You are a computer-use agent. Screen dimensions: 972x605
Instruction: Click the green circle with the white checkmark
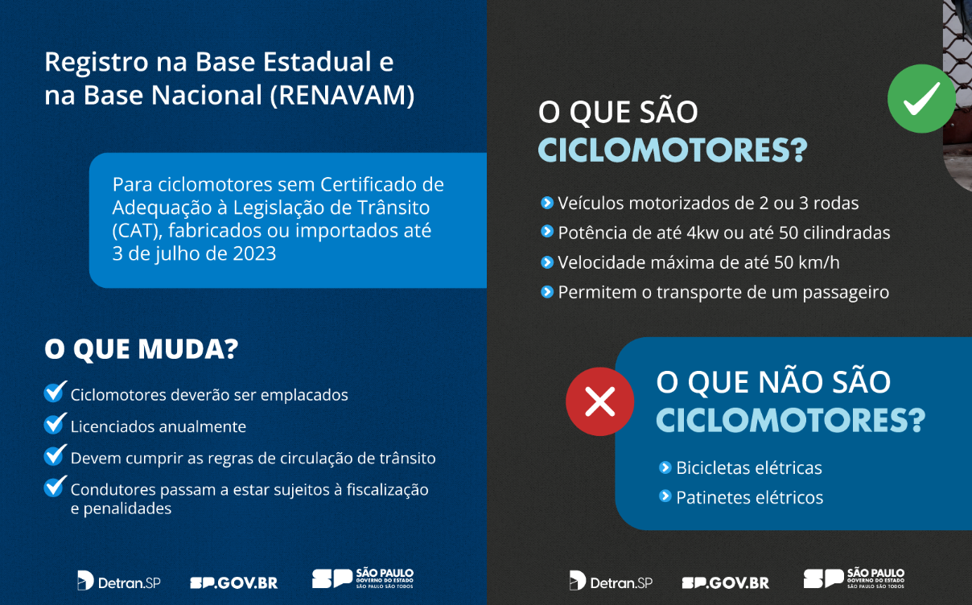point(921,98)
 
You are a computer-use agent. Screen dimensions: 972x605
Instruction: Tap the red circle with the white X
point(599,401)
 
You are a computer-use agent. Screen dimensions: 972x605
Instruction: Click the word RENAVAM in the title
point(342,95)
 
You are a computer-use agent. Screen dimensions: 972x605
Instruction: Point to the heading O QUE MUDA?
point(142,348)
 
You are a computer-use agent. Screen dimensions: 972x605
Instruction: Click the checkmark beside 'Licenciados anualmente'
point(56,424)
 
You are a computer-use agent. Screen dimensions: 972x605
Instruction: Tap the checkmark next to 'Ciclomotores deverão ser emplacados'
point(56,392)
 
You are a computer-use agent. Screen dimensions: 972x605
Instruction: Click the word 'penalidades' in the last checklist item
point(127,508)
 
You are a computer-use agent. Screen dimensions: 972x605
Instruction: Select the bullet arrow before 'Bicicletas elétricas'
point(665,467)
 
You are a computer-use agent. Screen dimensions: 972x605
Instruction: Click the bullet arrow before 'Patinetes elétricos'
point(665,496)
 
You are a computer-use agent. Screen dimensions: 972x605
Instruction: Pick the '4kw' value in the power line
point(702,233)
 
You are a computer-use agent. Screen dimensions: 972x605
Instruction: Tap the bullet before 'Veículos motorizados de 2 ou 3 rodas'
point(547,203)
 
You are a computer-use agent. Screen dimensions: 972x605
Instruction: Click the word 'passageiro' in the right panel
point(846,293)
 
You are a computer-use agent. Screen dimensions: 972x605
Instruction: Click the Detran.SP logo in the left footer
point(119,581)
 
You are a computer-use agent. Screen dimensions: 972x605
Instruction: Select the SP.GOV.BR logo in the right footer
point(726,582)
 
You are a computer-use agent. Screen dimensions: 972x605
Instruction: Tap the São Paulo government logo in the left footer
point(363,578)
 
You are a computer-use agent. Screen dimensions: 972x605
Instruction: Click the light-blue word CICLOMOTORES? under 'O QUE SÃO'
point(673,150)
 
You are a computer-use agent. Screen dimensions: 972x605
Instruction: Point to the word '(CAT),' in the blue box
point(137,231)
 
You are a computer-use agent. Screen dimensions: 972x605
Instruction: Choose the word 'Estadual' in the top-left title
point(317,62)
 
